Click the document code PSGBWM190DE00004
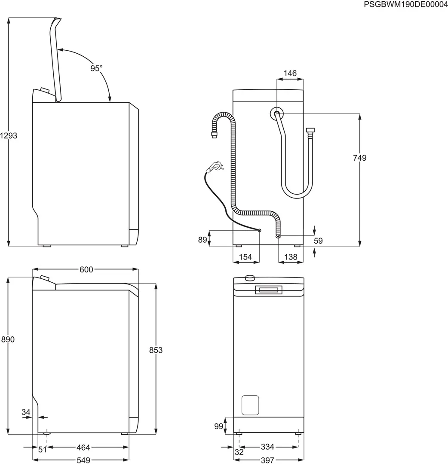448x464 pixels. pyautogui.click(x=406, y=5)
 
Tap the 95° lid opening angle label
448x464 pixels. pyautogui.click(x=96, y=68)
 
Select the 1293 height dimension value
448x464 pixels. pyautogui.click(x=9, y=135)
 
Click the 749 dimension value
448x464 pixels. pyautogui.click(x=359, y=158)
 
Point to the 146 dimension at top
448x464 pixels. pyautogui.click(x=290, y=73)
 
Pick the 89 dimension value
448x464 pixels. pyautogui.click(x=203, y=240)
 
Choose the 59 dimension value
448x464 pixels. pyautogui.click(x=318, y=241)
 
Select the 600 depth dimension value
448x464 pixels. pyautogui.click(x=86, y=269)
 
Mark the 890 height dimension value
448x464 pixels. pyautogui.click(x=8, y=339)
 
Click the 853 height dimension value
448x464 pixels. pyautogui.click(x=156, y=350)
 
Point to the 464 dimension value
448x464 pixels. pyautogui.click(x=83, y=448)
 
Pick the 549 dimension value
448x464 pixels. pyautogui.click(x=83, y=460)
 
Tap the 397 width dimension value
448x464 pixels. pyautogui.click(x=267, y=460)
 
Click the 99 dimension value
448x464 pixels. pyautogui.click(x=219, y=426)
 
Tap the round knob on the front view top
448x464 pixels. pyautogui.click(x=249, y=278)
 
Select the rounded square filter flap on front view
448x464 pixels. pyautogui.click(x=250, y=405)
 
